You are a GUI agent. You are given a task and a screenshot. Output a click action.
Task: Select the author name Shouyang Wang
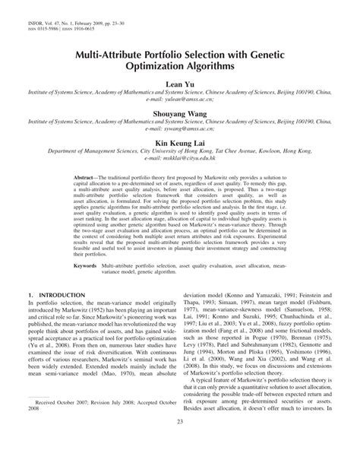coord(179,132)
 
